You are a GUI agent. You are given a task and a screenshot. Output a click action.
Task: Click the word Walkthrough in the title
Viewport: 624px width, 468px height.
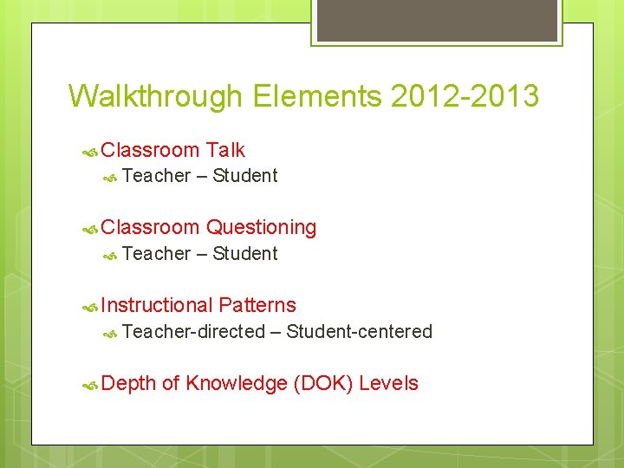point(157,95)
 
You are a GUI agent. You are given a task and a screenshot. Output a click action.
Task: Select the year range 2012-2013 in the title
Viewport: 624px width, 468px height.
point(465,95)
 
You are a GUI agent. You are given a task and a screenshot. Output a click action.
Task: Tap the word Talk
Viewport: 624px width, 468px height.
point(225,150)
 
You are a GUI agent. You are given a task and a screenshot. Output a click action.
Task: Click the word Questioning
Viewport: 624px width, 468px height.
point(261,228)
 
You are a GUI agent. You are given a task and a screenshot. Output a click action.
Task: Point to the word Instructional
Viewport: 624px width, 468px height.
point(157,305)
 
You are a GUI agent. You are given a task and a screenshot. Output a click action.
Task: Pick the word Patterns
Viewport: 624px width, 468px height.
point(257,305)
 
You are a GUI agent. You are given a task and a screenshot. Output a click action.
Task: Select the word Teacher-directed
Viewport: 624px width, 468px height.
point(194,331)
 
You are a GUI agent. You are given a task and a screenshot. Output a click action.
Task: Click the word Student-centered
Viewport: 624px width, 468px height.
point(359,331)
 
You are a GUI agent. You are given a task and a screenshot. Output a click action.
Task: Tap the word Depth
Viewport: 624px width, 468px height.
point(129,383)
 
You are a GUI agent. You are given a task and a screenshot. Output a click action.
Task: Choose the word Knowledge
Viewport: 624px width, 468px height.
point(236,383)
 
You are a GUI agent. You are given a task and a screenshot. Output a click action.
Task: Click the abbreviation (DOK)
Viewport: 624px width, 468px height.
point(323,383)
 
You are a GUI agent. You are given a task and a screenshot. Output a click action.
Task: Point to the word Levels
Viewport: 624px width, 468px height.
point(388,383)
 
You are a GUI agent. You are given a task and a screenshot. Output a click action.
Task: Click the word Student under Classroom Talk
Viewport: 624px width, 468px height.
point(245,176)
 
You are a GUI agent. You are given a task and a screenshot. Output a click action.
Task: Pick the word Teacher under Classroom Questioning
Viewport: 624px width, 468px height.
point(157,253)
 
